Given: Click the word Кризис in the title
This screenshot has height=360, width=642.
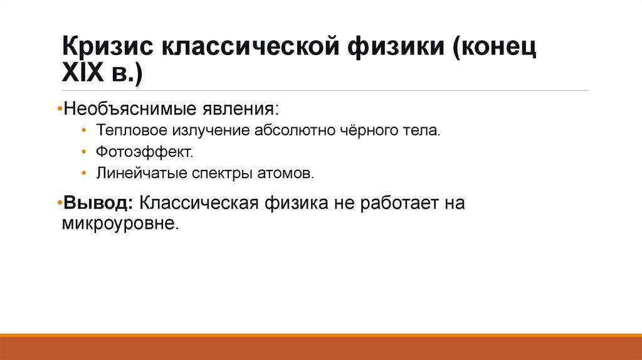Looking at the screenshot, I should pyautogui.click(x=107, y=48).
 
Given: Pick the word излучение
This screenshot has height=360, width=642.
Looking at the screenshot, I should pyautogui.click(x=206, y=132).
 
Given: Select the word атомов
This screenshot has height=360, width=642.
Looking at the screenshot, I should pyautogui.click(x=285, y=173).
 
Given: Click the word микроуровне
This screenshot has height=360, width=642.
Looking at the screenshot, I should pyautogui.click(x=120, y=224).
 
